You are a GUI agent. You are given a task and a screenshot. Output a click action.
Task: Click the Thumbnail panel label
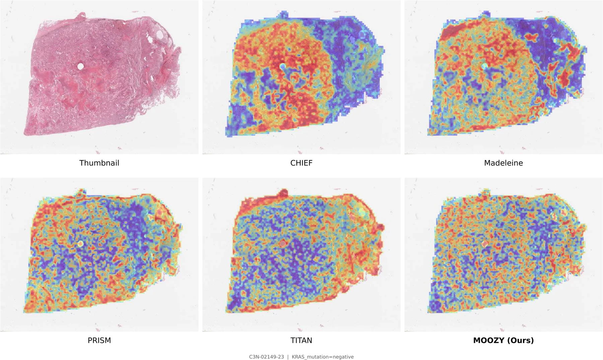click(x=99, y=163)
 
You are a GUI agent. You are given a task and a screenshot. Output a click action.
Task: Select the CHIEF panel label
click(x=301, y=163)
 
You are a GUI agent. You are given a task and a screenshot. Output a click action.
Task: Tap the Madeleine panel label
click(x=503, y=163)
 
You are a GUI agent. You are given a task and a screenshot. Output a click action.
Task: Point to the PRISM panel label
click(x=99, y=340)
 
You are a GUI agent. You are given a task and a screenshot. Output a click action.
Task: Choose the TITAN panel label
click(x=301, y=340)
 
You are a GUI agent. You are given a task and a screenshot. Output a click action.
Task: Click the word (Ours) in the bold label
click(x=520, y=340)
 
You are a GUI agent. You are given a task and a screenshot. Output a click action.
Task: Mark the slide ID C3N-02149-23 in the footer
click(x=266, y=357)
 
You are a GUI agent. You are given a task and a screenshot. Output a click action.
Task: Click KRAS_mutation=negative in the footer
click(x=323, y=357)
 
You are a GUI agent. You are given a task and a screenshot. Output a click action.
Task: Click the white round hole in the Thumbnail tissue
click(x=80, y=66)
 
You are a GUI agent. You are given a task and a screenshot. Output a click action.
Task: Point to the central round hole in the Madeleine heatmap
click(x=485, y=66)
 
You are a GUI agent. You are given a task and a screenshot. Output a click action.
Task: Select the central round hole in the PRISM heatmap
click(x=80, y=244)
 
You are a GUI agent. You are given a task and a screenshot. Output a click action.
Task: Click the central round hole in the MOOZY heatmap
click(x=485, y=244)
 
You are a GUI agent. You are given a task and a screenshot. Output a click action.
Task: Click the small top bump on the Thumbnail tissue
click(x=81, y=15)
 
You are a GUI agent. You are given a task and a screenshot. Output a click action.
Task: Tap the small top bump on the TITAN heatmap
click(x=283, y=193)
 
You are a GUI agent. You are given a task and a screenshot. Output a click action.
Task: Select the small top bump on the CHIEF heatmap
click(x=283, y=15)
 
